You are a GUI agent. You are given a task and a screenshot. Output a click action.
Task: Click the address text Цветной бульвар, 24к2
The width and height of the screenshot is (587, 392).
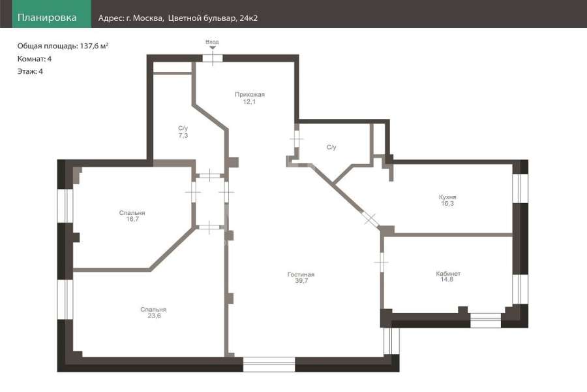tap(213, 18)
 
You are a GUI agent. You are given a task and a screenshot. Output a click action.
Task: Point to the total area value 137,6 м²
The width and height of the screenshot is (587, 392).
tap(94, 46)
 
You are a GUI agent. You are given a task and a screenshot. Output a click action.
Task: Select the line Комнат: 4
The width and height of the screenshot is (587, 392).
tap(35, 59)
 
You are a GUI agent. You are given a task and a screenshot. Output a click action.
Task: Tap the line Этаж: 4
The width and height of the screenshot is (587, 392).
tap(30, 71)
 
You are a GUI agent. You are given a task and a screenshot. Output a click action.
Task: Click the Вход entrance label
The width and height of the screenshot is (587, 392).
tap(212, 42)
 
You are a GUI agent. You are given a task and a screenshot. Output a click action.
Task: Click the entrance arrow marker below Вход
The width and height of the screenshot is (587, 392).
tap(212, 48)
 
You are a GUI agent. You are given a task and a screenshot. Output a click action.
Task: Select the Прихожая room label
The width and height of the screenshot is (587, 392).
tap(250, 95)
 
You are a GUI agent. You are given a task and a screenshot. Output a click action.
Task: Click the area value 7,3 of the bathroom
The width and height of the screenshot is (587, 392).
tap(183, 135)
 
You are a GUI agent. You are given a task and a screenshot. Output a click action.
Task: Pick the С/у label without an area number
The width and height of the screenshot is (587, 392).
tap(331, 147)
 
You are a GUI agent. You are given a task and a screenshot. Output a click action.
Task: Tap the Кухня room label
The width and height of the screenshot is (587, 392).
tap(447, 197)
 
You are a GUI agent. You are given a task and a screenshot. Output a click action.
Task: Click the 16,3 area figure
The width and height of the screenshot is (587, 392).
tap(447, 204)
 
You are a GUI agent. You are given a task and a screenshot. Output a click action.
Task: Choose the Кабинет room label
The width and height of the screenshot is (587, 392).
tap(448, 274)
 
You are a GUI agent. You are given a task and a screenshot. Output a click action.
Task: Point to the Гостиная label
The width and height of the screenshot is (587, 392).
tap(301, 274)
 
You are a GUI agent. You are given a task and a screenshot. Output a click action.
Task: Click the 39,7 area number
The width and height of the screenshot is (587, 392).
tap(301, 280)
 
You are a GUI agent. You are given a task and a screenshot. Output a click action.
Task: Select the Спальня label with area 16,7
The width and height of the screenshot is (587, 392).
tap(132, 213)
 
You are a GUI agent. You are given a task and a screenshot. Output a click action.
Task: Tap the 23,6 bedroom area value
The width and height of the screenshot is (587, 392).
tap(154, 316)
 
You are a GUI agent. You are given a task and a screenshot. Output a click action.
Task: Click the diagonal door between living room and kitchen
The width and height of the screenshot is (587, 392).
tap(370, 218)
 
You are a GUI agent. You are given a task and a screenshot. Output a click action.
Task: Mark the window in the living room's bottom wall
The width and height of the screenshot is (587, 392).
tap(269, 365)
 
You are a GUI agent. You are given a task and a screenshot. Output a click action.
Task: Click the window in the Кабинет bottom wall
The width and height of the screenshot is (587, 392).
tap(485, 320)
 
